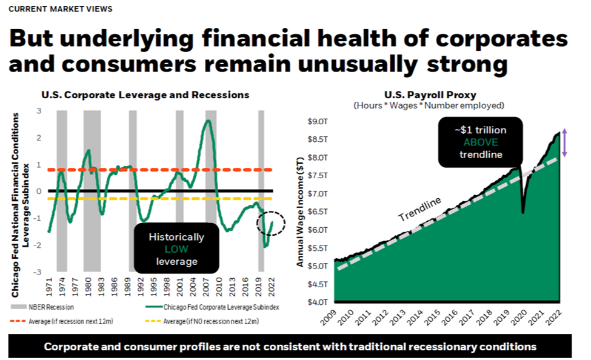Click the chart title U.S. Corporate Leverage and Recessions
pos(145,95)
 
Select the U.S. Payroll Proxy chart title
pos(430,95)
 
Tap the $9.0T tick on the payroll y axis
pos(318,121)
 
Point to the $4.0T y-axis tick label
pos(318,302)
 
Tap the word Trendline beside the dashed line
pos(419,209)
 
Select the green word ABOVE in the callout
pos(481,142)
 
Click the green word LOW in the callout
pos(176,249)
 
